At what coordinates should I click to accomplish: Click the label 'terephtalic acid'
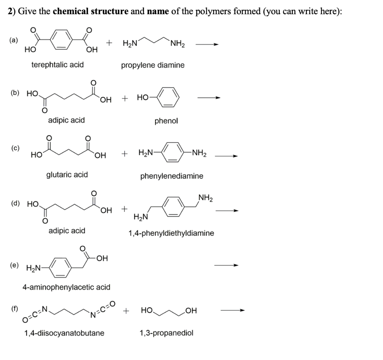(x=57, y=65)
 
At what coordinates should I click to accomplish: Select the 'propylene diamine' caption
(x=153, y=65)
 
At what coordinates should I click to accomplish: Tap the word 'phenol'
(x=166, y=121)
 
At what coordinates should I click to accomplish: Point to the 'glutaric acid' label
(x=67, y=175)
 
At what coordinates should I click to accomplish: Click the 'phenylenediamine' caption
(x=172, y=176)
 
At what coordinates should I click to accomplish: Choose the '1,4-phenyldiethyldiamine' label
(x=171, y=233)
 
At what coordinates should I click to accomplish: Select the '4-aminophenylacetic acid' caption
(x=67, y=287)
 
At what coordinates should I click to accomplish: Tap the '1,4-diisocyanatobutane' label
(x=64, y=333)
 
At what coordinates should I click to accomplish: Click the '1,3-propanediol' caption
(x=166, y=333)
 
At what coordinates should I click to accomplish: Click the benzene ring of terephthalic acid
(x=50, y=39)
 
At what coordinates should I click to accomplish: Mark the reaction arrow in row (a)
(x=207, y=44)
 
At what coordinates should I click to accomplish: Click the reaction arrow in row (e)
(x=226, y=265)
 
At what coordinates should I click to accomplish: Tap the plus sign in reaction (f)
(x=126, y=311)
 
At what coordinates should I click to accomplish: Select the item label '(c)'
(x=15, y=148)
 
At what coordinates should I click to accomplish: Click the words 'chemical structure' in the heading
(x=91, y=11)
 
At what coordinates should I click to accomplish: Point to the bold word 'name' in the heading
(x=158, y=11)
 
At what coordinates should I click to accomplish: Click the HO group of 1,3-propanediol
(x=147, y=310)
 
